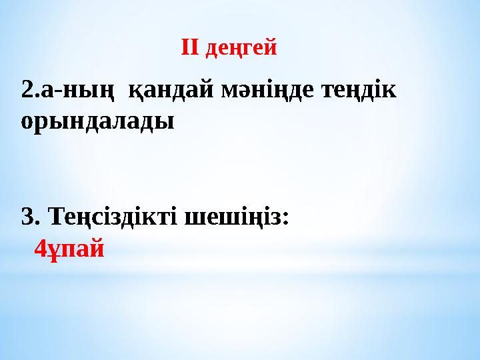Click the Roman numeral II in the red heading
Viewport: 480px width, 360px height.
coord(191,48)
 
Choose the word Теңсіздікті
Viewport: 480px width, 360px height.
coord(114,217)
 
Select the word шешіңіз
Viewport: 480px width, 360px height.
coord(234,217)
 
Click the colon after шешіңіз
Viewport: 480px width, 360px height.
coord(286,219)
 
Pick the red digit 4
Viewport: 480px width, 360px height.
coord(40,249)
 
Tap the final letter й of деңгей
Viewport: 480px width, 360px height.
coord(271,49)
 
